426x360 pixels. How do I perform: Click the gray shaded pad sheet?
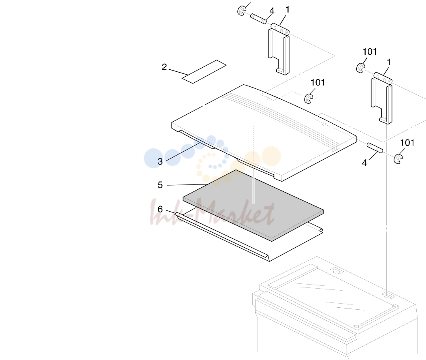pyautogui.click(x=253, y=205)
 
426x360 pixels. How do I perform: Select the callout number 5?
pyautogui.click(x=160, y=185)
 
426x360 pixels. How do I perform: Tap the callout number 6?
pyautogui.click(x=160, y=209)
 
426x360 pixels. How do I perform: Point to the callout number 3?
pyautogui.click(x=160, y=161)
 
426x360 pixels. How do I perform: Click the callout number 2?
pyautogui.click(x=164, y=67)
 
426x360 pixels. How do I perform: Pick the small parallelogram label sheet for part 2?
pyautogui.click(x=204, y=71)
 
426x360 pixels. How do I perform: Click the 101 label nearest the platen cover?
pyautogui.click(x=317, y=82)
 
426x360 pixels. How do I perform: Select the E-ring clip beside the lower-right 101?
pyautogui.click(x=398, y=159)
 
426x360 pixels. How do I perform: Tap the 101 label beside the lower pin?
pyautogui.click(x=407, y=143)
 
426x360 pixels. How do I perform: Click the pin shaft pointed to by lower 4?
pyautogui.click(x=375, y=148)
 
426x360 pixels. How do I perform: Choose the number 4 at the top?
pyautogui.click(x=272, y=11)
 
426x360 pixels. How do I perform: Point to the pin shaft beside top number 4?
pyautogui.click(x=258, y=19)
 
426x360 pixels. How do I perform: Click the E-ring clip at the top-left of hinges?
pyautogui.click(x=241, y=11)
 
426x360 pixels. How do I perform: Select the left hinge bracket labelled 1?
pyautogui.click(x=279, y=49)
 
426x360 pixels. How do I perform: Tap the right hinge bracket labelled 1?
pyautogui.click(x=382, y=98)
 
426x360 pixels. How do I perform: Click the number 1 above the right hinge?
pyautogui.click(x=389, y=62)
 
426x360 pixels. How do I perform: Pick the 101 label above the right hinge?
pyautogui.click(x=370, y=51)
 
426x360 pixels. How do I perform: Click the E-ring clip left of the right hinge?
pyautogui.click(x=360, y=68)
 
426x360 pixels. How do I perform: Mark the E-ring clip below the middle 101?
pyautogui.click(x=308, y=99)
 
